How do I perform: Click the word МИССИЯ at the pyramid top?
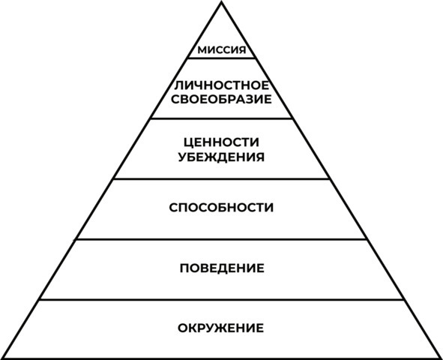(x=222, y=50)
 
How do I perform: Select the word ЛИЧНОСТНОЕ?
(x=222, y=85)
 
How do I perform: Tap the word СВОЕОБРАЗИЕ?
(x=221, y=99)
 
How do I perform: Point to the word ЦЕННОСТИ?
(x=221, y=142)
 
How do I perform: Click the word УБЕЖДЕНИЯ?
(x=221, y=157)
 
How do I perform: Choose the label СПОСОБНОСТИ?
(x=221, y=208)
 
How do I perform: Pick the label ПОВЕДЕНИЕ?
(x=222, y=268)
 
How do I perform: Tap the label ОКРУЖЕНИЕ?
(x=220, y=328)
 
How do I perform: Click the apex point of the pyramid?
(x=222, y=1)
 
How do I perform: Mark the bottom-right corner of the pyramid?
(x=441, y=358)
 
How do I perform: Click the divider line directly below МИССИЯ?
(x=222, y=58)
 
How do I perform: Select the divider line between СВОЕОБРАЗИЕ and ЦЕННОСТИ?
(x=222, y=118)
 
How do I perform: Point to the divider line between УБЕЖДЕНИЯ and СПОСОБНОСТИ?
(x=222, y=178)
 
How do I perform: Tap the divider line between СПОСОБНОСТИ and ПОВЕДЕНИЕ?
(x=222, y=239)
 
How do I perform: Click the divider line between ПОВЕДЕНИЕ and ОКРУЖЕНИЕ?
(x=222, y=299)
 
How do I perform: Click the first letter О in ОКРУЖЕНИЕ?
(x=182, y=328)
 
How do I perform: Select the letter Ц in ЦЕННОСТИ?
(x=189, y=143)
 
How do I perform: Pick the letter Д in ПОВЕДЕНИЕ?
(x=222, y=268)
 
